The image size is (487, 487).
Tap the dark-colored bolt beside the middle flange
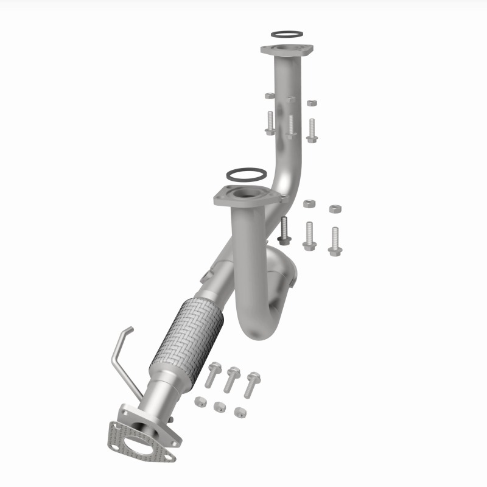click(x=284, y=231)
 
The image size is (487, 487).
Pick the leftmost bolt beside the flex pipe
click(x=213, y=374)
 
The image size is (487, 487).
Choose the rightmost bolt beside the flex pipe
click(x=251, y=384)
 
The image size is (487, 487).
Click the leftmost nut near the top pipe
click(x=270, y=96)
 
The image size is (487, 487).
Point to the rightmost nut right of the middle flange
click(x=335, y=209)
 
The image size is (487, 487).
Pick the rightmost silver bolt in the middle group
click(x=335, y=241)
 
